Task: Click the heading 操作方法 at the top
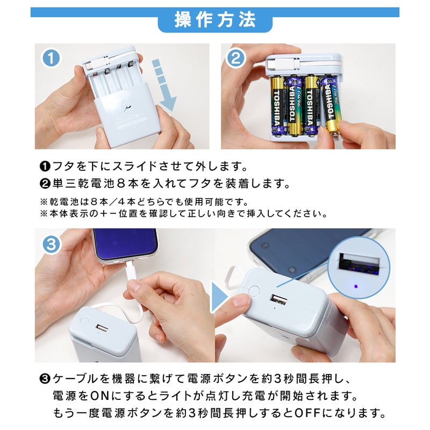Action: (x=216, y=20)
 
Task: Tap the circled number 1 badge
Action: (x=51, y=58)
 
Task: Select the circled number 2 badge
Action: (x=235, y=58)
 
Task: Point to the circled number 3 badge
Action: (x=51, y=245)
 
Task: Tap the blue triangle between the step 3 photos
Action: (x=219, y=297)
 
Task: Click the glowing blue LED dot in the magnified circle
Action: (x=356, y=286)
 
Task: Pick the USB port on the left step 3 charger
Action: (x=102, y=328)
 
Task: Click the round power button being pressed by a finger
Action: (x=254, y=292)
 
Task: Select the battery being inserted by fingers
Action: (x=331, y=105)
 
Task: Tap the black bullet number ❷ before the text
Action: (x=45, y=184)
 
